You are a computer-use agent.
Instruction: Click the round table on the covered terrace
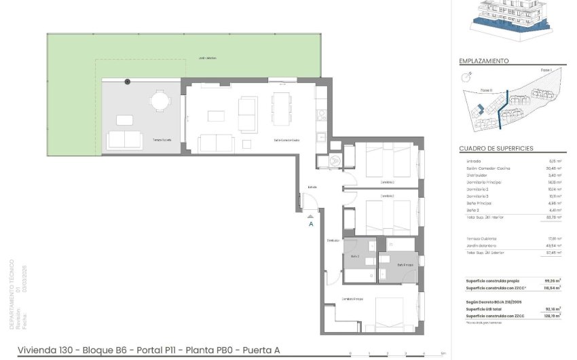[x=160, y=101]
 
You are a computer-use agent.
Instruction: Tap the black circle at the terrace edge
[x=127, y=82]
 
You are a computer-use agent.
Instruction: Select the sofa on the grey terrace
[x=125, y=140]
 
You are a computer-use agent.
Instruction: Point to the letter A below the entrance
[x=311, y=223]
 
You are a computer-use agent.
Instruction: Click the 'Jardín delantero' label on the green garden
[x=208, y=58]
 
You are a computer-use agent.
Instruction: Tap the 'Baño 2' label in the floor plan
[x=354, y=256]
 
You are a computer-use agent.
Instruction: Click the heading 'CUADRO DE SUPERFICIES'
[x=496, y=148]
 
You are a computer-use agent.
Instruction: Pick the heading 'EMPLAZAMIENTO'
[x=484, y=61]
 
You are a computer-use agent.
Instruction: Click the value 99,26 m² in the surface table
[x=551, y=281]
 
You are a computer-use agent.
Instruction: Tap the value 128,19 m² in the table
[x=551, y=316]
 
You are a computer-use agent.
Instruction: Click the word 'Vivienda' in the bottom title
[x=34, y=350]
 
